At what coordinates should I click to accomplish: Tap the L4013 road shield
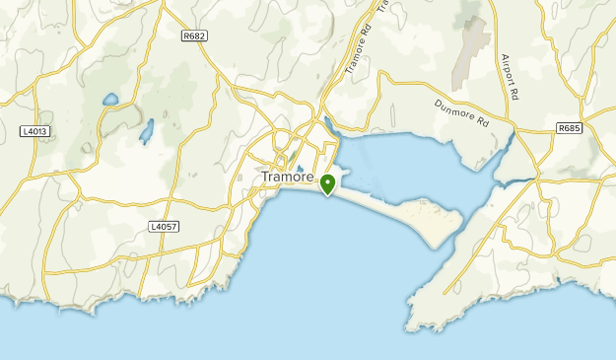coord(34,130)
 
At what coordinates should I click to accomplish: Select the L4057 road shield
coord(164,226)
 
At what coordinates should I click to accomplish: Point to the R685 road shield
coord(569,128)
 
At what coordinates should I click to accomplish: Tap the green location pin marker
coord(327,183)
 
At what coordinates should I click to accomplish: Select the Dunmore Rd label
coord(461,115)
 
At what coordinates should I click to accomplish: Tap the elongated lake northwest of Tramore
coord(147,130)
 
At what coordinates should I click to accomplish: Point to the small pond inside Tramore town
coord(299,168)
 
